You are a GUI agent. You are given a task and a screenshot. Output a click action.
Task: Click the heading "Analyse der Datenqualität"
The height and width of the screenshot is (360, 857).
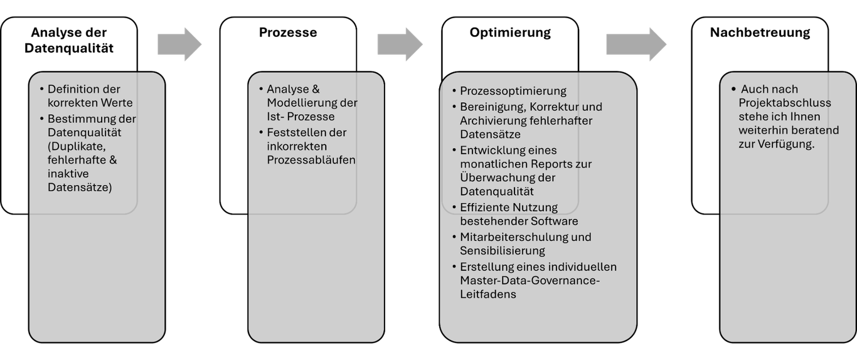[x=69, y=40]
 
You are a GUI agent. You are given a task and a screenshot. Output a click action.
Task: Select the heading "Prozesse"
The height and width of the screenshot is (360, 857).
[x=288, y=33]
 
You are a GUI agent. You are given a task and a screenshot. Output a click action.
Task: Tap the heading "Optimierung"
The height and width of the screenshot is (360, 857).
[x=510, y=33]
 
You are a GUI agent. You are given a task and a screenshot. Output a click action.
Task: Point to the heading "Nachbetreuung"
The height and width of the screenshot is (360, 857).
[x=760, y=33]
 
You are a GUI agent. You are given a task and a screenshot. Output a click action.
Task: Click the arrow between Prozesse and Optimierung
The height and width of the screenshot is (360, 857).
[x=400, y=45]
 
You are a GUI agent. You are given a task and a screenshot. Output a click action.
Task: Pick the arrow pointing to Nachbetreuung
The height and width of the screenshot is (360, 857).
[x=636, y=45]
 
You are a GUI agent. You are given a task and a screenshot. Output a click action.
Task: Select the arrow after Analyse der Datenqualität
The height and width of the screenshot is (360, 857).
[x=179, y=45]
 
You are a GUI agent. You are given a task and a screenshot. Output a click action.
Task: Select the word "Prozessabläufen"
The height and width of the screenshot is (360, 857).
[x=311, y=160]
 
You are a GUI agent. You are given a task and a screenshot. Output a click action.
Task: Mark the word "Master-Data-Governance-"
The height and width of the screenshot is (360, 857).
[x=530, y=280]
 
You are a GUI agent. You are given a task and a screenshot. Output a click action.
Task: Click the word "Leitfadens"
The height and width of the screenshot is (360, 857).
[x=488, y=294]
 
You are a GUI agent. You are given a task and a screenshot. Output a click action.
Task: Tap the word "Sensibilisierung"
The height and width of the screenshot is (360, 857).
[x=503, y=251]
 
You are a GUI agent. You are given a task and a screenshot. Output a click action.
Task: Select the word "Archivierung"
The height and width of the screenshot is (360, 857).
[x=491, y=121]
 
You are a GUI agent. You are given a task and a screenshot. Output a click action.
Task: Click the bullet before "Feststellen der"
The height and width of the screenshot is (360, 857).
[x=261, y=132]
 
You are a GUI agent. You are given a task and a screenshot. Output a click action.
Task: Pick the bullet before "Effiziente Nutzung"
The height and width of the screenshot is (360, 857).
[x=454, y=208]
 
